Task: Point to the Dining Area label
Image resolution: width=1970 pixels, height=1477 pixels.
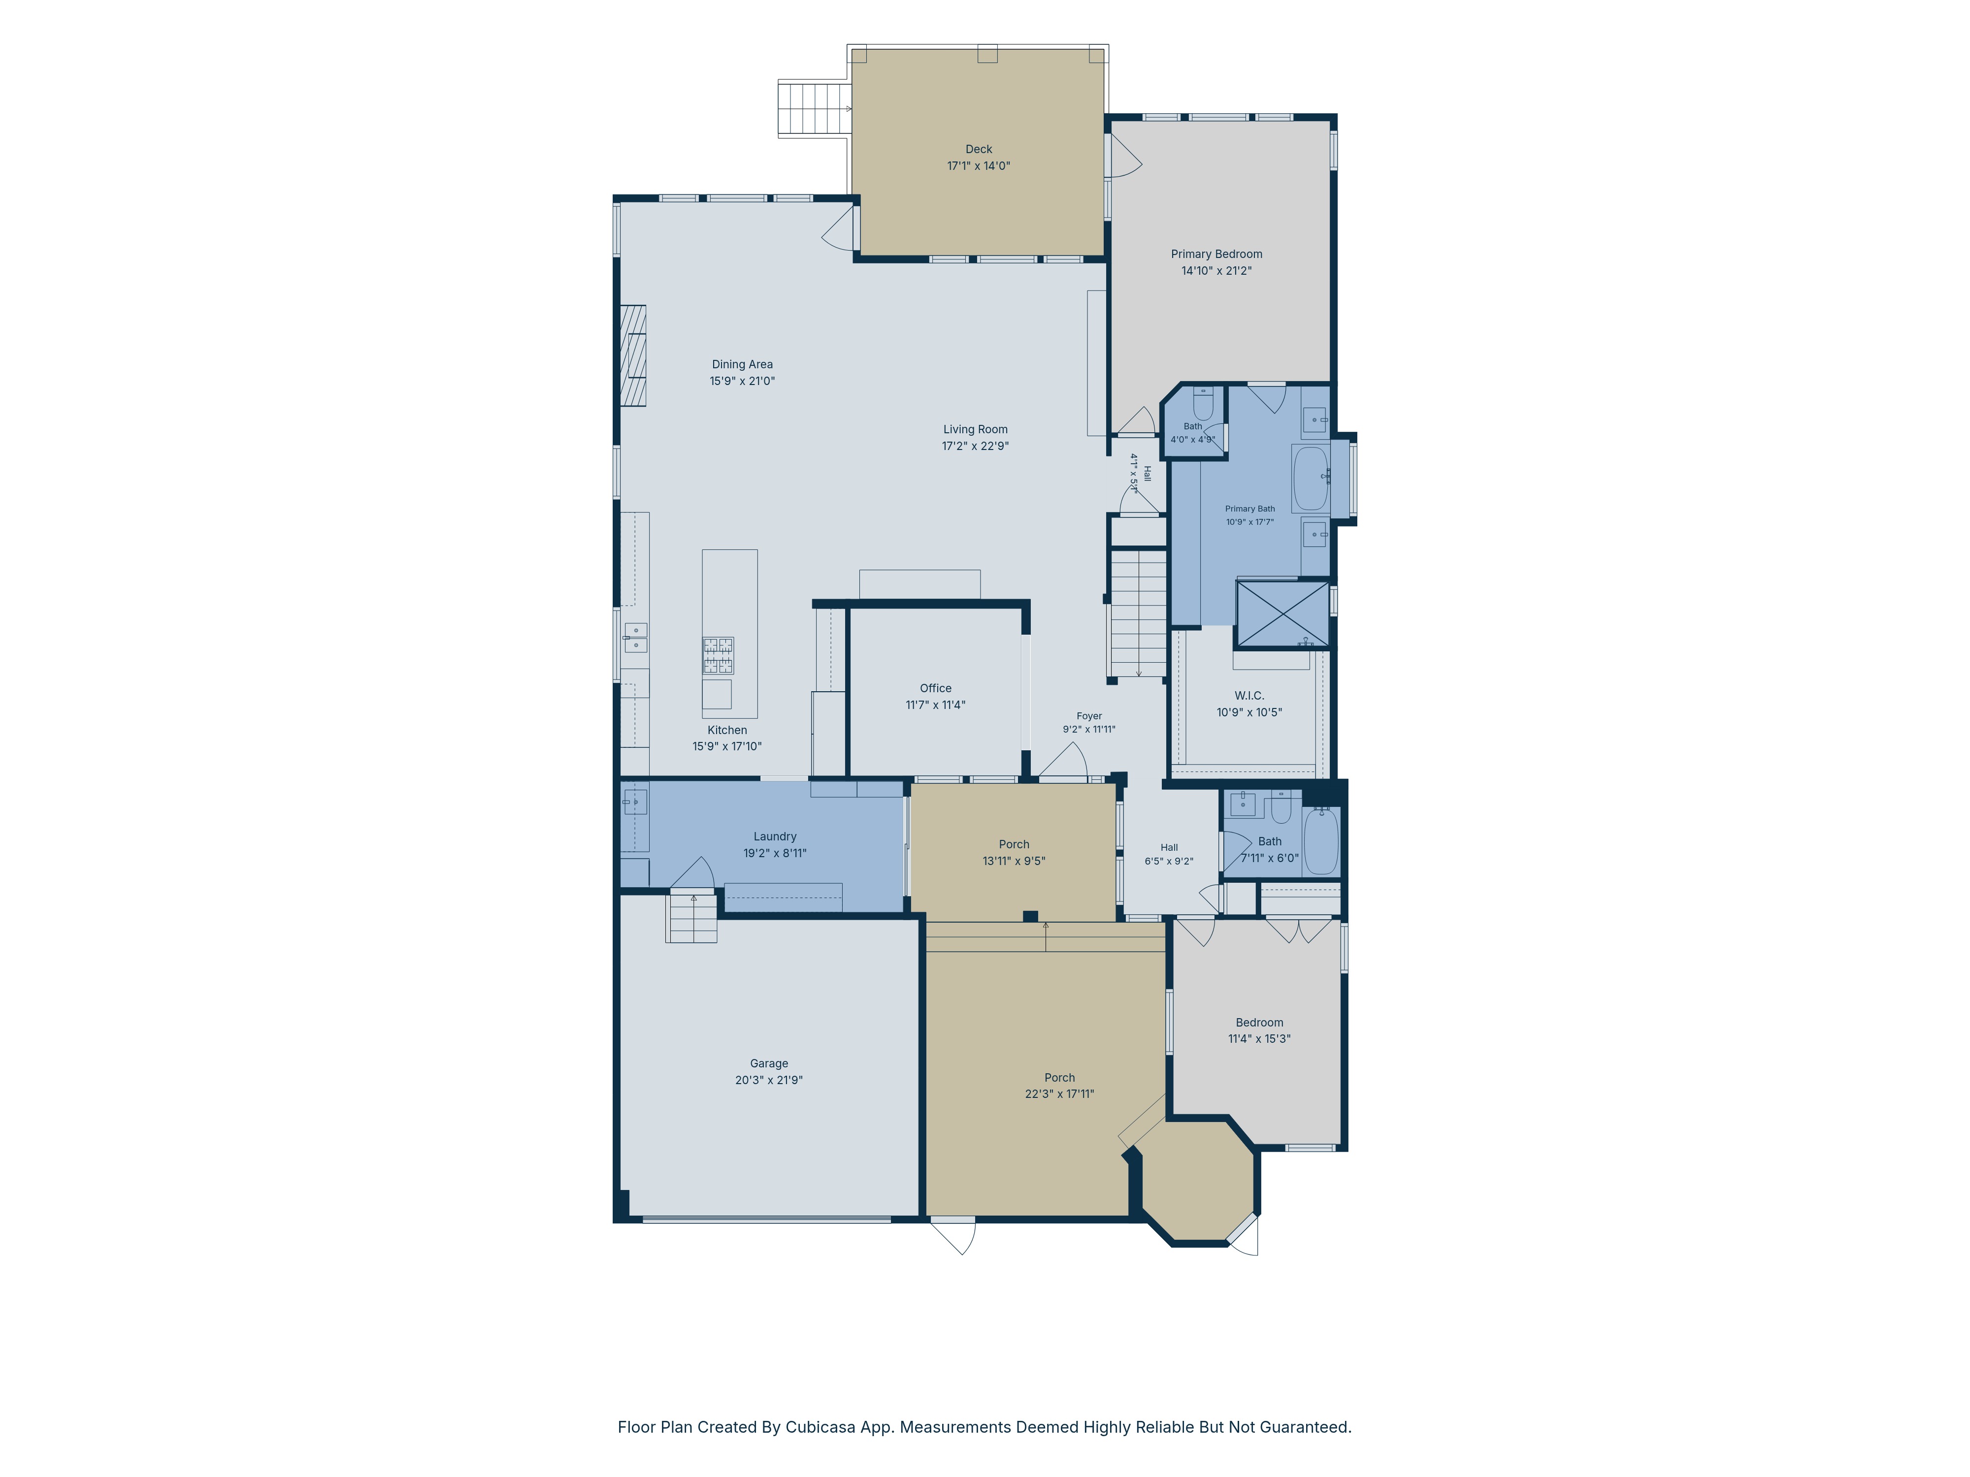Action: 742,364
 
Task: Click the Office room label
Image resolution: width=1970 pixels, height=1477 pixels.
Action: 935,688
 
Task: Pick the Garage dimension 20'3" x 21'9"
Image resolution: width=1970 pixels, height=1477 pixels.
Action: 769,1080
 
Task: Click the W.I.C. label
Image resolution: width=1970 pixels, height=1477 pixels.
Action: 1248,695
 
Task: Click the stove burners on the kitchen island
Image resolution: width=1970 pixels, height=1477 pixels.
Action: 718,655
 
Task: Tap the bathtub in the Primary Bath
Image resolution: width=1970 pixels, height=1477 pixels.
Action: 1310,478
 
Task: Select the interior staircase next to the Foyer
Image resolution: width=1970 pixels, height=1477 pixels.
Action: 1137,613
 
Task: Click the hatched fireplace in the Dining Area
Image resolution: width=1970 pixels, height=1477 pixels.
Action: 633,356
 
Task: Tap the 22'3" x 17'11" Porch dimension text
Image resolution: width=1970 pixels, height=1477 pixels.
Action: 1059,1094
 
